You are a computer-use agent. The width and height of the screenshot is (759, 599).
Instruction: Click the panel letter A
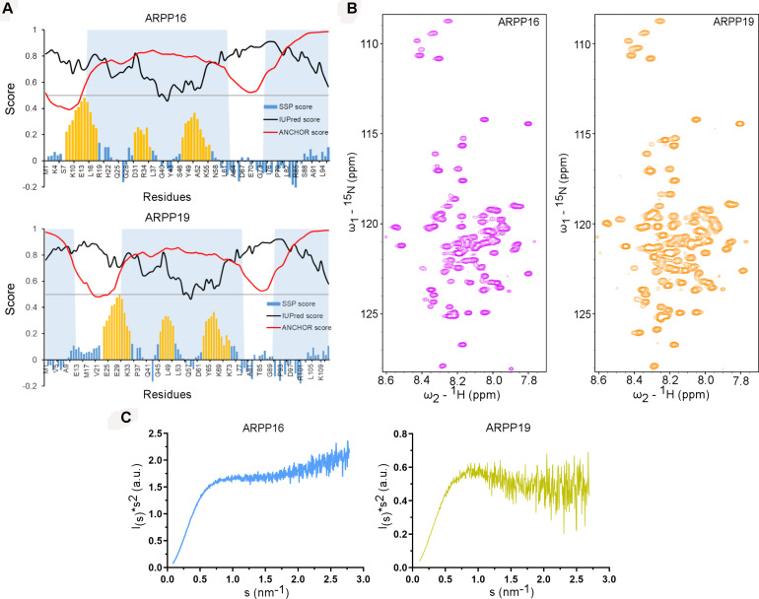pos(9,9)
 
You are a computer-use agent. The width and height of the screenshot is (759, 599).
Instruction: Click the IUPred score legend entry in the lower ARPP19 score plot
pos(293,314)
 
